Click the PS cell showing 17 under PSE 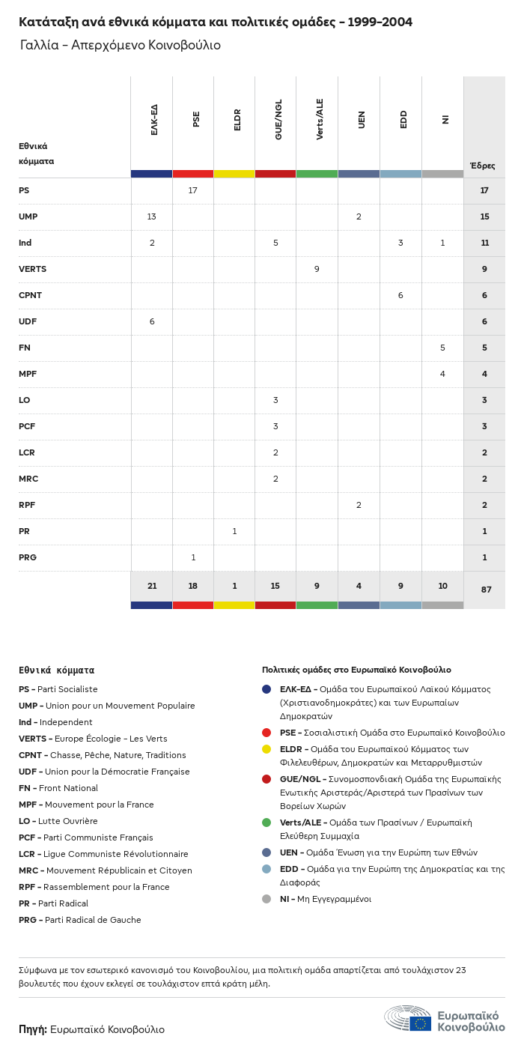[x=193, y=190]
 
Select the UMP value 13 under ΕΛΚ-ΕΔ [x=151, y=216]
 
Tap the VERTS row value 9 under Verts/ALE [x=317, y=269]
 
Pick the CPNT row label [x=30, y=295]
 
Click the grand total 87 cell [x=486, y=590]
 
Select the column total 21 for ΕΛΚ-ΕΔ [x=151, y=586]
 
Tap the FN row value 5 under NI [x=442, y=348]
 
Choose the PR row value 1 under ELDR [x=234, y=531]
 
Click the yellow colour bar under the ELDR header [x=234, y=174]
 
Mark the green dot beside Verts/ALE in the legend [x=266, y=823]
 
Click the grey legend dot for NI [x=266, y=899]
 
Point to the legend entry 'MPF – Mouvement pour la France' [x=86, y=805]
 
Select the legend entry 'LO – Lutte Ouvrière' [x=58, y=821]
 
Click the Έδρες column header [x=483, y=166]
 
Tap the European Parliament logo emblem [x=408, y=1019]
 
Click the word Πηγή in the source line [x=33, y=1029]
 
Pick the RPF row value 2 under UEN [x=359, y=505]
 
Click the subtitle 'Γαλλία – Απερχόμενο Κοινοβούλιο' [x=121, y=45]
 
